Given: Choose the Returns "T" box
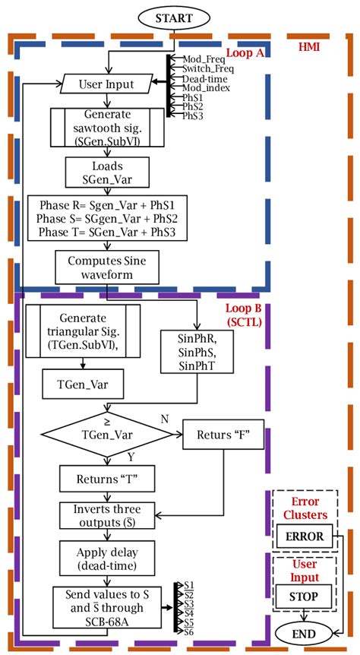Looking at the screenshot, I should point(107,479).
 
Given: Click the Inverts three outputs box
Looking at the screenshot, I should point(107,516).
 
